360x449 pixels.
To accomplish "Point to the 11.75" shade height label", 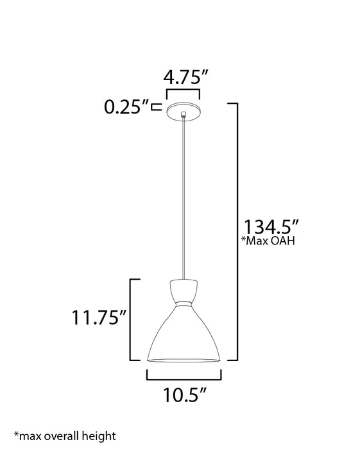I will [x=97, y=318].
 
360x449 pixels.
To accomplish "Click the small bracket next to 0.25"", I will [x=155, y=107].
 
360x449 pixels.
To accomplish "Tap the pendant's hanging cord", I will [x=184, y=192].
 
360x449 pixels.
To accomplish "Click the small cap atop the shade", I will [x=184, y=287].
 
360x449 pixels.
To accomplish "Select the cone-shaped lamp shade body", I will [x=184, y=334].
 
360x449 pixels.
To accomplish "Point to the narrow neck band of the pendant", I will [x=184, y=302].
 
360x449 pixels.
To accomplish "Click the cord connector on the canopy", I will [x=184, y=115].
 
